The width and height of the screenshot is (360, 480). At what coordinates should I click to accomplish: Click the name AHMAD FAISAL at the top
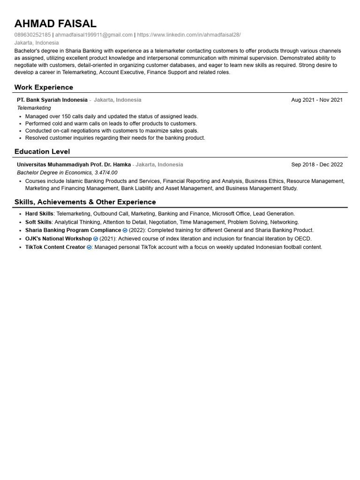[55, 23]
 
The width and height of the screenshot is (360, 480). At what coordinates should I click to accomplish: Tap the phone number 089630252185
[32, 35]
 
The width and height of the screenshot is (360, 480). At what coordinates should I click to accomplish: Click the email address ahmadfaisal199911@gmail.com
[94, 35]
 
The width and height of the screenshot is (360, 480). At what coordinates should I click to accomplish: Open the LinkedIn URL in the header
[189, 35]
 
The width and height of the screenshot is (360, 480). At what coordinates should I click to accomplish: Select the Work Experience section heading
[44, 87]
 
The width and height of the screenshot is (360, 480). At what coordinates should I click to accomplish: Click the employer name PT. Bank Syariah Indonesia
[52, 100]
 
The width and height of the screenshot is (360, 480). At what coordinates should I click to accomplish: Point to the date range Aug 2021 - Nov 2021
[317, 100]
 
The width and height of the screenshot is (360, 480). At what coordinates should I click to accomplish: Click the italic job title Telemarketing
[34, 108]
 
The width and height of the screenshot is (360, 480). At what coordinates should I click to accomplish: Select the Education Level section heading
[42, 151]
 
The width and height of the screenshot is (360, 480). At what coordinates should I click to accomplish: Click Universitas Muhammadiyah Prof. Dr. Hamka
[74, 165]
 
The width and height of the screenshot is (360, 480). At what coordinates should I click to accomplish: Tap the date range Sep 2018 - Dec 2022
[317, 165]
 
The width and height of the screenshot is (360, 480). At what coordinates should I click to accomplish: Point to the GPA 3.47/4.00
[106, 172]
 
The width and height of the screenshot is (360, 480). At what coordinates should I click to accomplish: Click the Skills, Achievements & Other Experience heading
[85, 202]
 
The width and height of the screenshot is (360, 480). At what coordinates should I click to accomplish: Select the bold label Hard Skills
[39, 214]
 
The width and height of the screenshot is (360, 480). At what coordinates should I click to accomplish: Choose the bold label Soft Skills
[38, 222]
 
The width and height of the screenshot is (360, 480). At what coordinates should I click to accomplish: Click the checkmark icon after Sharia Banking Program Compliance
[125, 231]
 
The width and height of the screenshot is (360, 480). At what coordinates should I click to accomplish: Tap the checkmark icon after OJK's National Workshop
[96, 239]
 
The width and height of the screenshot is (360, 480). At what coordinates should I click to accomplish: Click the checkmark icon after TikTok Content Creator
[89, 247]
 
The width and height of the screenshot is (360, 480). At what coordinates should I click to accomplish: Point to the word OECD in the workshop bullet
[302, 239]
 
